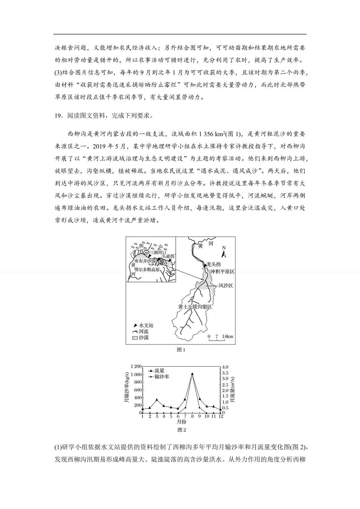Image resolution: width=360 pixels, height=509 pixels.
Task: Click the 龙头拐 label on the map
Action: (214, 264)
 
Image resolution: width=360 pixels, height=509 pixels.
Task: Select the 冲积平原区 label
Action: (222, 272)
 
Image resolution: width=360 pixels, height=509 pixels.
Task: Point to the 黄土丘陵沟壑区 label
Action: (195, 307)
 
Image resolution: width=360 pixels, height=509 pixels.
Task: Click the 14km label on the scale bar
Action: (227, 336)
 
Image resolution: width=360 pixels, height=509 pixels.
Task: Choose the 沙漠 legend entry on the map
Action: (140, 338)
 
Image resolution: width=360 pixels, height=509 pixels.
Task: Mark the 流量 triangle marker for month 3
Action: (157, 400)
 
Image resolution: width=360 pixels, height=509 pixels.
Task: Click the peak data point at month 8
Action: (192, 374)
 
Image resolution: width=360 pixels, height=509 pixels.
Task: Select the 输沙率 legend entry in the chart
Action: (161, 377)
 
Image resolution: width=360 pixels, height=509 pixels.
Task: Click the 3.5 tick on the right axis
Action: (225, 373)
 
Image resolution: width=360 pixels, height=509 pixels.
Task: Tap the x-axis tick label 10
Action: (206, 416)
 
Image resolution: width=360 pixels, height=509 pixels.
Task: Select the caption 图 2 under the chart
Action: (182, 430)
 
